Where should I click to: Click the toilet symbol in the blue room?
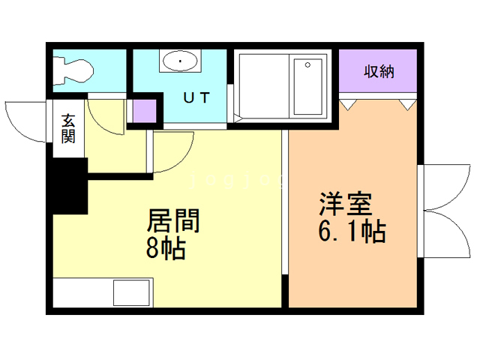pyautogui.click(x=73, y=70)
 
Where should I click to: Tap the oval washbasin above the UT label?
pyautogui.click(x=180, y=61)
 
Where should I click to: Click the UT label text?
pyautogui.click(x=196, y=97)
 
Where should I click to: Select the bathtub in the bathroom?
pyautogui.click(x=308, y=86)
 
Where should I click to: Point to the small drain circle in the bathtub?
pyautogui.click(x=307, y=65)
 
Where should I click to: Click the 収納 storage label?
pyautogui.click(x=379, y=72)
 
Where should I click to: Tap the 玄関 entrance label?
pyautogui.click(x=68, y=128)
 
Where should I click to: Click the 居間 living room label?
pyautogui.click(x=173, y=220)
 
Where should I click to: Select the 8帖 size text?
pyautogui.click(x=166, y=248)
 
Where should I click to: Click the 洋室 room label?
pyautogui.click(x=346, y=204)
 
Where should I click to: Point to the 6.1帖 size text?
pyautogui.click(x=352, y=231)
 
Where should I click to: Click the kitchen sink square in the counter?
pyautogui.click(x=132, y=292)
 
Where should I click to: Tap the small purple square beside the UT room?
pyautogui.click(x=145, y=110)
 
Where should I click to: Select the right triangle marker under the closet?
pyautogui.click(x=408, y=105)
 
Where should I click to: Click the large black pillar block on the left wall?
pyautogui.click(x=70, y=186)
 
